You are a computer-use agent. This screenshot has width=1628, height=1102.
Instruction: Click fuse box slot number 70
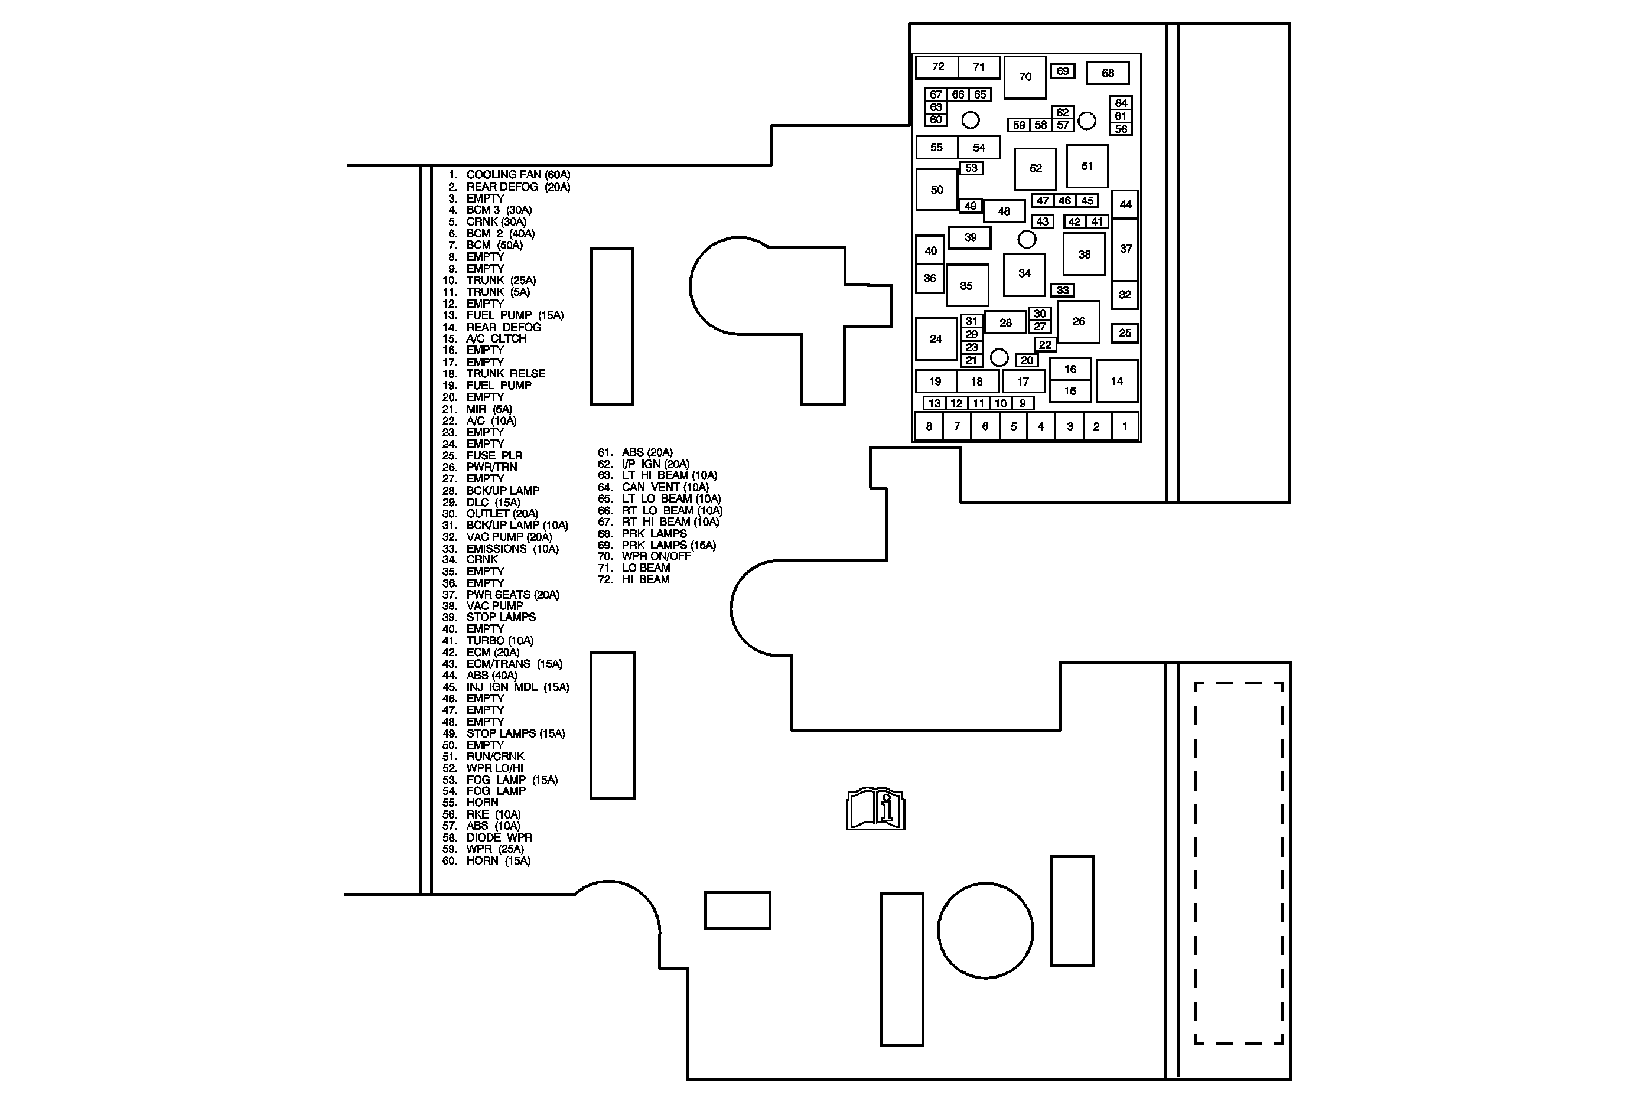coord(1025,77)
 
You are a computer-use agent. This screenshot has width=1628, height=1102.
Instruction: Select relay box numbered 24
coord(936,339)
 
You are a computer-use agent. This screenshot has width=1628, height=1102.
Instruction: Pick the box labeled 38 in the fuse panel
coord(1085,254)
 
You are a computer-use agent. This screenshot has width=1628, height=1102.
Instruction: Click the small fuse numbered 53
coord(971,168)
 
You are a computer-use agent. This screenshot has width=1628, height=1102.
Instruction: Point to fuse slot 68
coord(1108,73)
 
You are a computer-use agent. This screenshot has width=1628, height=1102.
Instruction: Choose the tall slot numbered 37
coord(1125,249)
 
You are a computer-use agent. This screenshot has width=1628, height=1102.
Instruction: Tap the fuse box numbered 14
coord(1116,381)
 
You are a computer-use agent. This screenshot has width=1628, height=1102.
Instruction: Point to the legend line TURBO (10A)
coord(500,641)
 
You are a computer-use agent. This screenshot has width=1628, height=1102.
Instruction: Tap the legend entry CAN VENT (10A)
coord(665,487)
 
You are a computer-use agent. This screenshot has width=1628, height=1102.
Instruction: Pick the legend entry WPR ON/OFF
coord(656,556)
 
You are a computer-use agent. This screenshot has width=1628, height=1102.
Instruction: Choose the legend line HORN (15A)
coord(498,860)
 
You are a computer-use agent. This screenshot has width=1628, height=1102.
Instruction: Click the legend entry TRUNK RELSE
coord(505,374)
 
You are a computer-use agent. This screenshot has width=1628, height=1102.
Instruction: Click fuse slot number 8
coord(929,426)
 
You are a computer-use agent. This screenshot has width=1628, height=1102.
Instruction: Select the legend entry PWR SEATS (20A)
coord(512,595)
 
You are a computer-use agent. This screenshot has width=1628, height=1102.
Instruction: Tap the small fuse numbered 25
coord(1124,333)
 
